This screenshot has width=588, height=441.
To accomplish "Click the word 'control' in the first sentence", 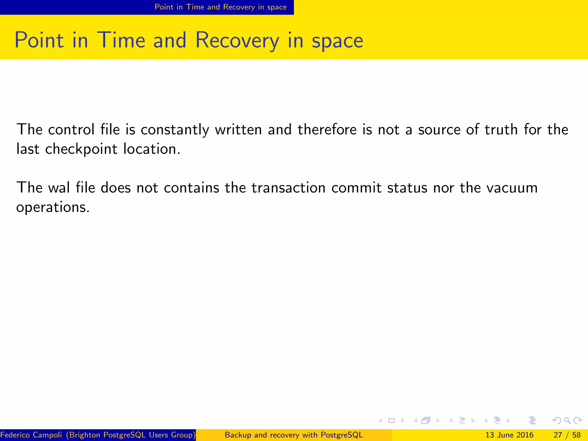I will pyautogui.click(x=71, y=129).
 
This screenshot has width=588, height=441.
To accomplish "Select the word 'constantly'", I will pyautogui.click(x=175, y=130).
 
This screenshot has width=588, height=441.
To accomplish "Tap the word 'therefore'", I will pyautogui.click(x=328, y=129).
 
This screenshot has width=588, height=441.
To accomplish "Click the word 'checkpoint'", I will pyautogui.click(x=81, y=149).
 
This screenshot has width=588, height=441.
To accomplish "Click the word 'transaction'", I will pyautogui.click(x=289, y=188).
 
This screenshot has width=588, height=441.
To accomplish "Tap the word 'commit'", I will pyautogui.click(x=357, y=188).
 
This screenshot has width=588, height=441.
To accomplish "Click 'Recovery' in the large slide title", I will pyautogui.click(x=237, y=40).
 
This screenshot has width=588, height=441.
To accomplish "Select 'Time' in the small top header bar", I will pyautogui.click(x=195, y=7).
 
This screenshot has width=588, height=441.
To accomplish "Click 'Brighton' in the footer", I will pyautogui.click(x=85, y=435).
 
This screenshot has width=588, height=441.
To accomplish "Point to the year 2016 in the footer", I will pyautogui.click(x=525, y=435).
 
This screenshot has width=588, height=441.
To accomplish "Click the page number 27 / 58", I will pyautogui.click(x=567, y=435).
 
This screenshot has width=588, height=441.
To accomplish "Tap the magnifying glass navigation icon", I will pyautogui.click(x=567, y=421).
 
